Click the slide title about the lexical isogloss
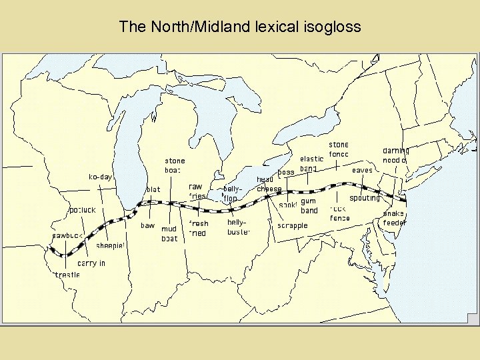[240, 27]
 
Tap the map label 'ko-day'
[101, 177]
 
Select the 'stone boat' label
[175, 165]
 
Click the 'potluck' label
[83, 210]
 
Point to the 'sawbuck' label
[67, 235]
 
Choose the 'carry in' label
[91, 263]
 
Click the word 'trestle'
[67, 274]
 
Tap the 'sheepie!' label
[111, 245]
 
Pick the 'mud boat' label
[169, 233]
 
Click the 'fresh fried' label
[198, 228]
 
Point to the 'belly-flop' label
[231, 194]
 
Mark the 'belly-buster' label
[238, 227]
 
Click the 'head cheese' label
[269, 184]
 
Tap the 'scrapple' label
[293, 225]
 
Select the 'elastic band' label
[311, 163]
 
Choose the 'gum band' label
[309, 205]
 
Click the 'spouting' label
[365, 198]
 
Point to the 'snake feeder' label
[394, 218]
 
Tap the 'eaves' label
[363, 171]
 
